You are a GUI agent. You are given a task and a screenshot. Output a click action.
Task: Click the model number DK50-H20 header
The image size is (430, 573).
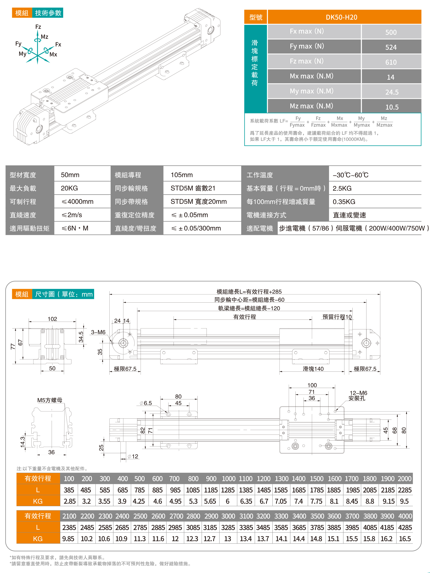341,17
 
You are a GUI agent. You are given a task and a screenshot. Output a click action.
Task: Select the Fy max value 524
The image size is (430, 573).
391,47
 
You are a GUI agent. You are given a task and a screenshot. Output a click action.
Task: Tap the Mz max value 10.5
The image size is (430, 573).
392,107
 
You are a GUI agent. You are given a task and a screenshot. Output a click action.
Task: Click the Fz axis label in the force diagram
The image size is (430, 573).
38,27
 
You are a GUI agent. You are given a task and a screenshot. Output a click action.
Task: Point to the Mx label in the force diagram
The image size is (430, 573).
53,54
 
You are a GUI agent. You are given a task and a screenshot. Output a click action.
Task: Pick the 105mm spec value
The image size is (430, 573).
182,175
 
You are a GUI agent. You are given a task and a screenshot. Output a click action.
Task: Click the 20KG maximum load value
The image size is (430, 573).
69,188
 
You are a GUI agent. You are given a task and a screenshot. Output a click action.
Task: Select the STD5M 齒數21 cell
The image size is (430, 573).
193,188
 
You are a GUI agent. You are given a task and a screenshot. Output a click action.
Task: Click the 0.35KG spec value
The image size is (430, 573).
344,202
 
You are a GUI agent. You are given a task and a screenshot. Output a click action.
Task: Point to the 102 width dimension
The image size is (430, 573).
52,319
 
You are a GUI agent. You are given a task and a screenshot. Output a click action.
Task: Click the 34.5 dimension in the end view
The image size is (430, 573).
81,337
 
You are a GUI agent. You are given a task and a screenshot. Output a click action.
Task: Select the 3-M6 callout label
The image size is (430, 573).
98,332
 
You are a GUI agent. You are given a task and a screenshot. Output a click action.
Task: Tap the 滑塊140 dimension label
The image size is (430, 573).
313,369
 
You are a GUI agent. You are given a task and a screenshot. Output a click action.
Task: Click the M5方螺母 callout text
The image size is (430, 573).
50,400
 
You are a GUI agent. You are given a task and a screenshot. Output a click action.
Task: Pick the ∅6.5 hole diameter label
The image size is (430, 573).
146,403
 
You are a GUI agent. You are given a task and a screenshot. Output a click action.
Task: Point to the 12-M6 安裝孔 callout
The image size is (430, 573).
358,395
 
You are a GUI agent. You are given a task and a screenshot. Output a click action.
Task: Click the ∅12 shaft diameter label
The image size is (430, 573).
133,456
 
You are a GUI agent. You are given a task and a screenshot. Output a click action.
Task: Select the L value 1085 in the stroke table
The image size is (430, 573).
193,490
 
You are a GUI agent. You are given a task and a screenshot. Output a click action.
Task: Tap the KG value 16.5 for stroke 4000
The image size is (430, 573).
405,539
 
